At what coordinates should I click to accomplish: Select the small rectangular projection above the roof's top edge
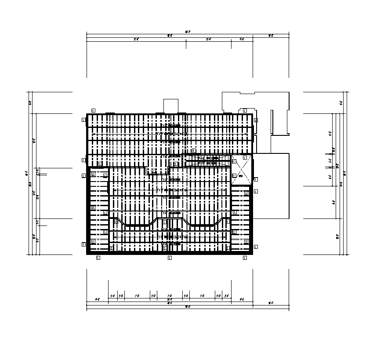[x=171, y=106]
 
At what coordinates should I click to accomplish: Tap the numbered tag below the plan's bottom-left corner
[x=98, y=258]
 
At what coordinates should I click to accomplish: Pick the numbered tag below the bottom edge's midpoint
[x=170, y=258]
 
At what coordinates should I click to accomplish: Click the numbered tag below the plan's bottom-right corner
[x=245, y=258]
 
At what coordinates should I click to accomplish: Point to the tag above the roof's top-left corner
[x=93, y=110]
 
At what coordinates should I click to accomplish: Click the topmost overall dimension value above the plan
[x=188, y=32]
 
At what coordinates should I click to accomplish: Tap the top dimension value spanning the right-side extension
[x=271, y=36]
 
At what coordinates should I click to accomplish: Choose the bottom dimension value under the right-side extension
[x=271, y=303]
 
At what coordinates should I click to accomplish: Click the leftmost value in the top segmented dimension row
[x=136, y=39]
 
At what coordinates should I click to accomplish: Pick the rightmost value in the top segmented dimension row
[x=242, y=39]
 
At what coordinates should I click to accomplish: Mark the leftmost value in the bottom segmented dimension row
[x=98, y=299]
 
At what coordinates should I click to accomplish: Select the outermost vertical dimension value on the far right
[x=345, y=173]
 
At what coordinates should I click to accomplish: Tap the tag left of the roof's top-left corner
[x=83, y=119]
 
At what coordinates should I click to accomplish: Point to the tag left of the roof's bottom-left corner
[x=83, y=244]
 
